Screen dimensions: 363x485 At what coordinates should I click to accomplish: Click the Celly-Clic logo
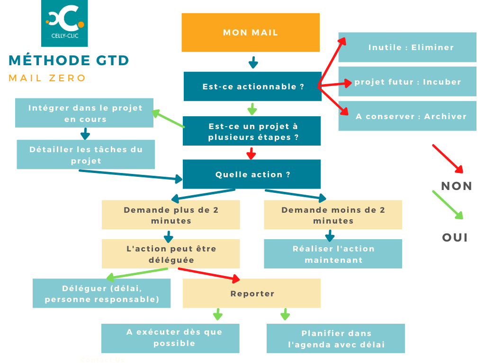point(64,23)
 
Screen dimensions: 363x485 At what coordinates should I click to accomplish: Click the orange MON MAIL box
point(251,33)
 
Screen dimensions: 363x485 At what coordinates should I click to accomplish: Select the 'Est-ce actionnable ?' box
point(252,86)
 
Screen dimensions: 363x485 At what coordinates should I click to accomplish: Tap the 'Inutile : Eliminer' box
point(407,47)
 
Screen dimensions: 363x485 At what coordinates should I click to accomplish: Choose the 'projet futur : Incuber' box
point(407,82)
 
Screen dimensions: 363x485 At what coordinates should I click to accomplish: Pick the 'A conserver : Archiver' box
point(407,116)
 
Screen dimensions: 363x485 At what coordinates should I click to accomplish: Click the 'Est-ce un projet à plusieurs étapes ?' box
point(252,131)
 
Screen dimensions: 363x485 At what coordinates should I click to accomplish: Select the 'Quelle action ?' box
point(252,174)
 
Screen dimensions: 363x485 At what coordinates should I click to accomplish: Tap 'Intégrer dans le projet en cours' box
point(85,113)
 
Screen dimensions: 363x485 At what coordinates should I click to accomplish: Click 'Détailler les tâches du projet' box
point(86,155)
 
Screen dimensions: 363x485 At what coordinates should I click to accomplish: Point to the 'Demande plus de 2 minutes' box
point(171,215)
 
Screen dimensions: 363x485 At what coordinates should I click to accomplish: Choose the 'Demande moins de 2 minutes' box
point(333,215)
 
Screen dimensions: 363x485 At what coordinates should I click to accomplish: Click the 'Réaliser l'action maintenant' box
point(333,254)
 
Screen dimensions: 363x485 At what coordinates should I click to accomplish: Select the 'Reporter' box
point(252,294)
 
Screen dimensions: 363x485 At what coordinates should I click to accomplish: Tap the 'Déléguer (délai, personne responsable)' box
point(101,294)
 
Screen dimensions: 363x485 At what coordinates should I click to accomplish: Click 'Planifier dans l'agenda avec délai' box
point(336,338)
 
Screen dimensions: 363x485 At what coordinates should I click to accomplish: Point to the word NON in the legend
point(457,186)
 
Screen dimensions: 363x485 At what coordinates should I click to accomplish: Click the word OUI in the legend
point(455,238)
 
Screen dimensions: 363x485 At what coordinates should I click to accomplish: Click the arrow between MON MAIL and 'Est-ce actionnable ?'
point(253,62)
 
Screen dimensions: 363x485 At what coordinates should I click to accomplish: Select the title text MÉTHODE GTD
point(69,60)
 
